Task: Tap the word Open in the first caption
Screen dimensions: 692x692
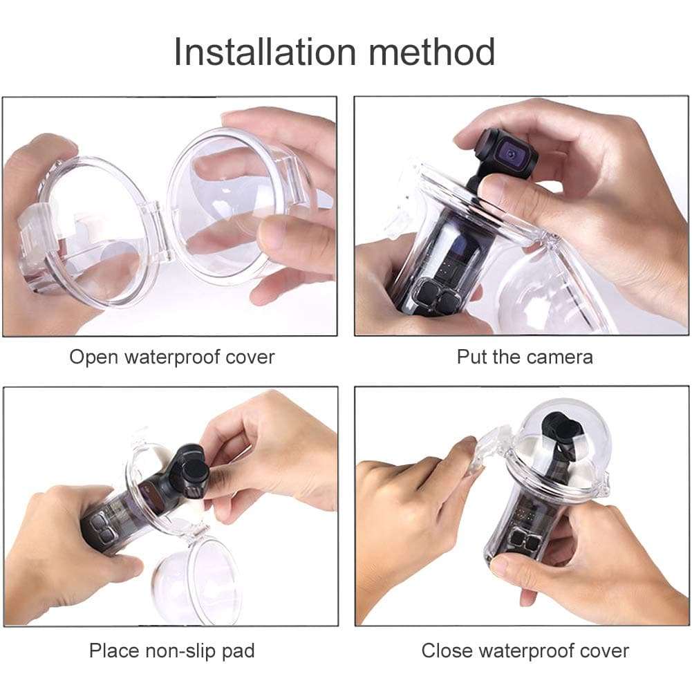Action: tap(92, 357)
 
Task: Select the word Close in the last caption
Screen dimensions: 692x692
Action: tap(447, 651)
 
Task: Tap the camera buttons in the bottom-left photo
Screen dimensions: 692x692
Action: tap(100, 528)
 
